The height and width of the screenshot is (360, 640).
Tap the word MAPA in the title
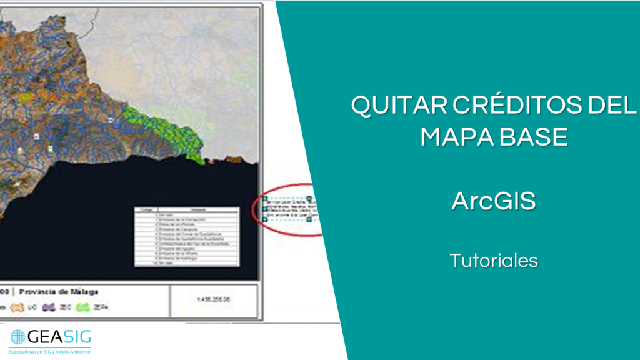click(x=454, y=137)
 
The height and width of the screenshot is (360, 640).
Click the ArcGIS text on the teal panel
click(x=494, y=202)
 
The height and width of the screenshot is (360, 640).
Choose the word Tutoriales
click(x=494, y=261)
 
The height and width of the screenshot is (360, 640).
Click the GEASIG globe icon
click(x=18, y=337)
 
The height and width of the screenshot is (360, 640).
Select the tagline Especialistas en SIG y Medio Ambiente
click(x=50, y=352)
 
